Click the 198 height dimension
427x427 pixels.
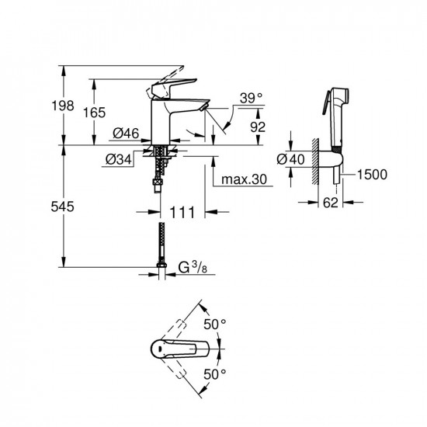(x=63, y=106)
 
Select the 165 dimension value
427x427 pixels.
(x=94, y=113)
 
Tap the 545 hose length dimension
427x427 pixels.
(x=62, y=207)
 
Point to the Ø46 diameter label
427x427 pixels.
(x=126, y=134)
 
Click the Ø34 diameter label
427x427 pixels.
(x=119, y=159)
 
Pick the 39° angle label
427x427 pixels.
(x=251, y=98)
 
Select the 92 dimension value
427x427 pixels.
(x=258, y=127)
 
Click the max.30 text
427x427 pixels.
(x=244, y=179)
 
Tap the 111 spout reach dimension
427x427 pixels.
(x=182, y=212)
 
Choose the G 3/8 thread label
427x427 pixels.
(x=193, y=267)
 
